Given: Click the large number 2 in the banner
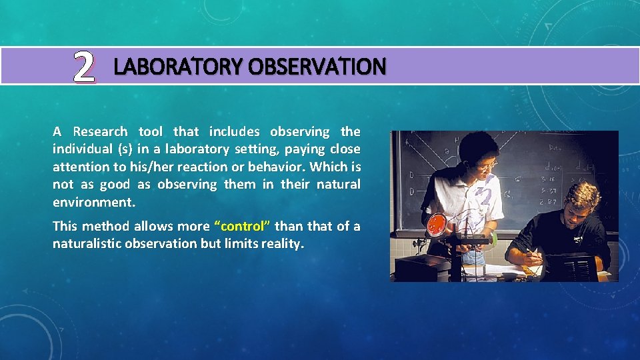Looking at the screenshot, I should coord(83,67).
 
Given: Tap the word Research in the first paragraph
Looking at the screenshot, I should coord(101,131).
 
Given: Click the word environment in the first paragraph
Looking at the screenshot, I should coord(93,201).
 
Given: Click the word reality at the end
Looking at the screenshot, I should coord(282,244).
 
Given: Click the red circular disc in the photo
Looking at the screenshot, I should coord(437,224).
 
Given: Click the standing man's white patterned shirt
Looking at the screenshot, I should coord(467,200).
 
